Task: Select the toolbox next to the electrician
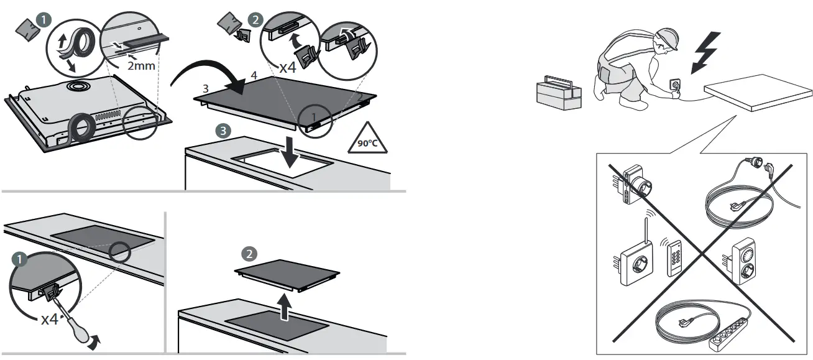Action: pyautogui.click(x=559, y=94)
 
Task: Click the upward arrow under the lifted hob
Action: pyautogui.click(x=283, y=308)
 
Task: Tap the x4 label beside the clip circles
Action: pyautogui.click(x=287, y=67)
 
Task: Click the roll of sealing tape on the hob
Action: pyautogui.click(x=81, y=129)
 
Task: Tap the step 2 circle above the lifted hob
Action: pyautogui.click(x=249, y=254)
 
